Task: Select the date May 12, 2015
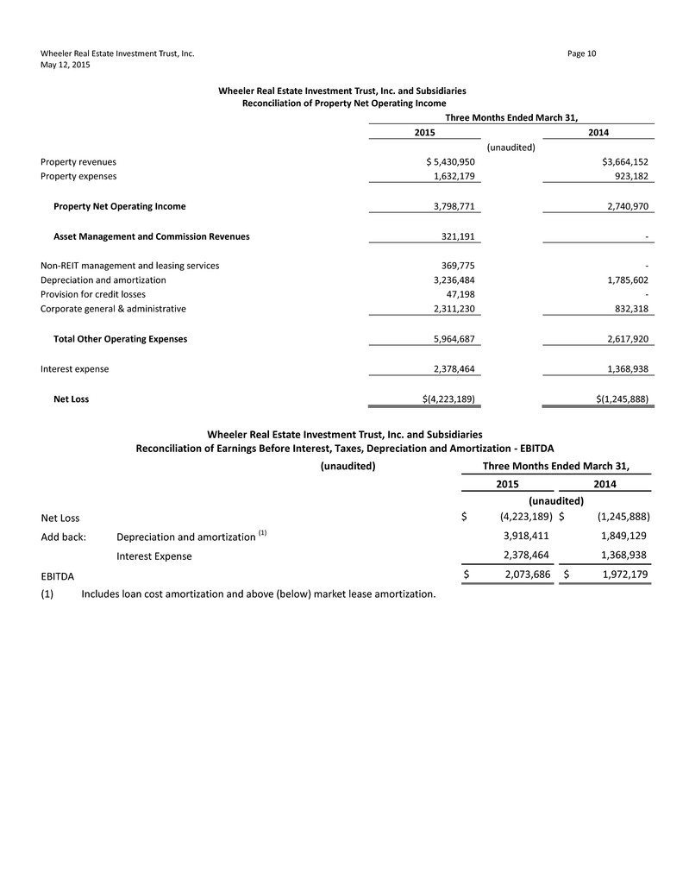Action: click(x=66, y=65)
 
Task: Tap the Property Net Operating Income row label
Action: click(x=119, y=207)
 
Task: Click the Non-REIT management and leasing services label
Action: click(x=129, y=266)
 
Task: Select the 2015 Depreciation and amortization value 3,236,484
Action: click(x=451, y=280)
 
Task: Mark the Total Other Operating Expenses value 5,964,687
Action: click(x=451, y=339)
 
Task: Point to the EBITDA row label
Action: click(x=58, y=575)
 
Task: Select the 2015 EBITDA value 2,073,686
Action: click(x=520, y=575)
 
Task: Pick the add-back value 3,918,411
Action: click(x=521, y=536)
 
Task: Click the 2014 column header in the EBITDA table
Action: click(x=604, y=485)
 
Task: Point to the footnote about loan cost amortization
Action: click(x=258, y=594)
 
